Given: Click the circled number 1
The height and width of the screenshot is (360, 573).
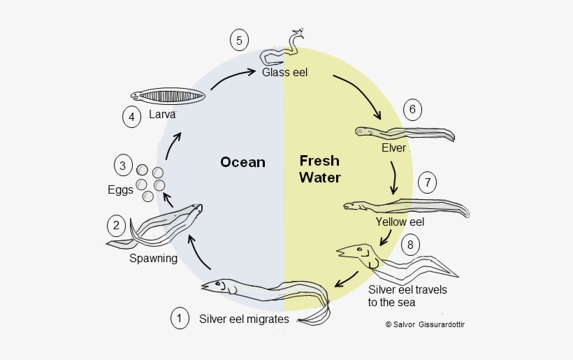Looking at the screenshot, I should click(180, 318).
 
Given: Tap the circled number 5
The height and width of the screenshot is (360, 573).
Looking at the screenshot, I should click(239, 41).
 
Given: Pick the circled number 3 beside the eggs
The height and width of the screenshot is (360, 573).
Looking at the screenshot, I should click(123, 166).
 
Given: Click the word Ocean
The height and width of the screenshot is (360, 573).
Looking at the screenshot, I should click(242, 162).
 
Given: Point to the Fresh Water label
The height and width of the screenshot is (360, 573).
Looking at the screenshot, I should click(320, 168).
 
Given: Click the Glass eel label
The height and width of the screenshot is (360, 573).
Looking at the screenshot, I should click(284, 72).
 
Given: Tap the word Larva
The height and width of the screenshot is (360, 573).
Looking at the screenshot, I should click(161, 115).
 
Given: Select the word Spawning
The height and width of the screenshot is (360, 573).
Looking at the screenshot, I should click(153, 258).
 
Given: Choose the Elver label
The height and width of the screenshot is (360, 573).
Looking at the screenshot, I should click(394, 148).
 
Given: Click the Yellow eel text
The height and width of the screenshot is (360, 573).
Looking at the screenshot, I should click(400, 222).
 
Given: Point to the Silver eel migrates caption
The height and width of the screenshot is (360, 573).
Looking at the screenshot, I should click(243, 319).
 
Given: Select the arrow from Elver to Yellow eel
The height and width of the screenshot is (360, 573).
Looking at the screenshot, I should click(395, 178).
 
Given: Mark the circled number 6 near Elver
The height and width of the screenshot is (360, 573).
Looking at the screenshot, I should click(413, 109).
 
